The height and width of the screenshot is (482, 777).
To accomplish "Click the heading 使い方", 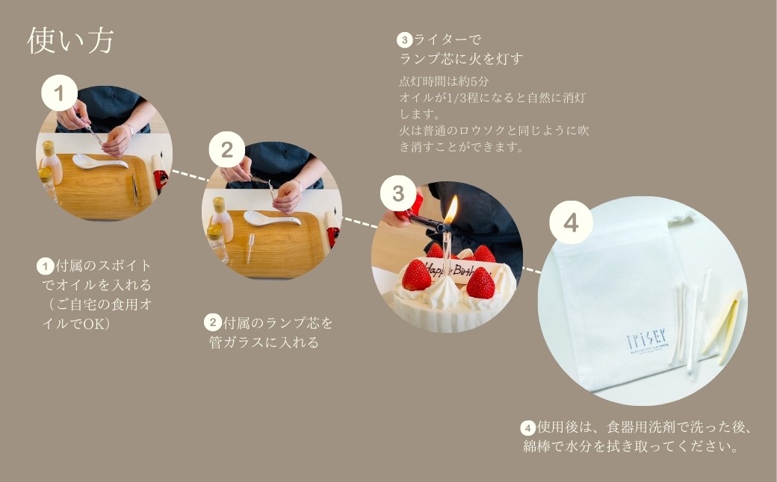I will click(x=70, y=40).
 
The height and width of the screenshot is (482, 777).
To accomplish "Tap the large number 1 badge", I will click(x=61, y=93).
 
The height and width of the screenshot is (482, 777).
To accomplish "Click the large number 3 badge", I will click(x=398, y=194).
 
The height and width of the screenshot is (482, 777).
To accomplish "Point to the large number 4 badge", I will click(x=571, y=222).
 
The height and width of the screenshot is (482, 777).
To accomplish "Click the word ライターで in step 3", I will click(x=448, y=39).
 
